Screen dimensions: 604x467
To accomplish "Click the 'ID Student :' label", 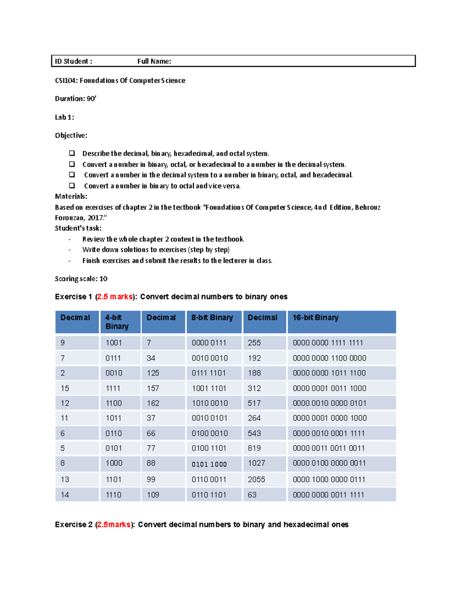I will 73,61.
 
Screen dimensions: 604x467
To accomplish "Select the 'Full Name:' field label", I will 154,61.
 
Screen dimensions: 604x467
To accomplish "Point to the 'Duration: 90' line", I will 75,99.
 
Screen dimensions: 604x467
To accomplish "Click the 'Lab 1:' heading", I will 64,117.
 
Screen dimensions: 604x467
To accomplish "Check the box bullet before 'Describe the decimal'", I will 72,153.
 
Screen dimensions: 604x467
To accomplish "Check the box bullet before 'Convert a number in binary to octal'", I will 72,186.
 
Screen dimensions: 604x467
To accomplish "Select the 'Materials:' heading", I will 71,196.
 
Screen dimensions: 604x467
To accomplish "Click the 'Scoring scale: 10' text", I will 81,279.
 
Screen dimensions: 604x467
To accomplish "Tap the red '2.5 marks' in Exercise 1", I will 115,297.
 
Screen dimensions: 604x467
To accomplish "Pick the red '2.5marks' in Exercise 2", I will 114,525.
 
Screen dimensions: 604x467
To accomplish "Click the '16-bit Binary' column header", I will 315,318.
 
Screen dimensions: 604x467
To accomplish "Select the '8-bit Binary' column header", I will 212,318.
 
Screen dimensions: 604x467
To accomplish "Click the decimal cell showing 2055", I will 256,480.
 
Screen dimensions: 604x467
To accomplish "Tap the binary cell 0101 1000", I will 209,464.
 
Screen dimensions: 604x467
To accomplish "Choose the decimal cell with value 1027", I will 256,463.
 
